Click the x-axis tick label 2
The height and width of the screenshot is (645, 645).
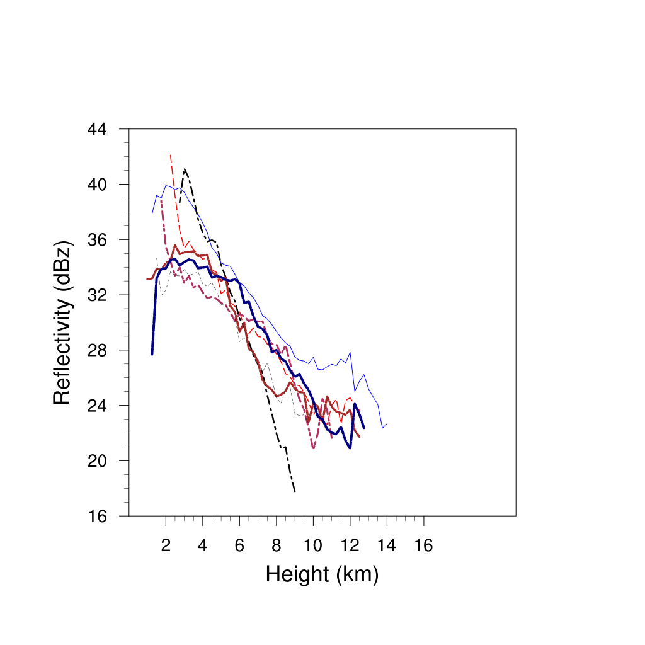[x=166, y=545]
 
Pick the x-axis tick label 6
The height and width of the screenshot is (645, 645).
[x=239, y=545]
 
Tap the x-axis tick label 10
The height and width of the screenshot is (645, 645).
[x=313, y=545]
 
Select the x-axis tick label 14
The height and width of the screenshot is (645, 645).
[x=387, y=545]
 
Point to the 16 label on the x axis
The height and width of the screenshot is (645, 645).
[x=423, y=545]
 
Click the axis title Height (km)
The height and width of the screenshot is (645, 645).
[x=322, y=574]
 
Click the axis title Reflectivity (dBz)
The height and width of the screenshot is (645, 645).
[x=62, y=322]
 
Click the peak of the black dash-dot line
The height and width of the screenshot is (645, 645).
[x=185, y=169]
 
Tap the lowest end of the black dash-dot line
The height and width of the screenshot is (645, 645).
[x=295, y=491]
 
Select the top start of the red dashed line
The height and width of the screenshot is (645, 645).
[x=171, y=154]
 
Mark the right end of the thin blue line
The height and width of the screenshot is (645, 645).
[x=387, y=424]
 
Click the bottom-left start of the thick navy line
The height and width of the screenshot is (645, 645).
[x=152, y=354]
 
